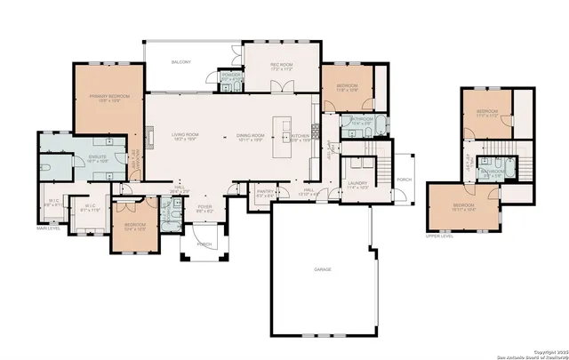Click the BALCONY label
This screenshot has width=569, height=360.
click(181, 62)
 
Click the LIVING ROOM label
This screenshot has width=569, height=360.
click(185, 135)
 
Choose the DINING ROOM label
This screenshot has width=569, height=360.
click(251, 135)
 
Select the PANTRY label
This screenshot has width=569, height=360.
click(264, 191)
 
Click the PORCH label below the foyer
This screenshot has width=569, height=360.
click(204, 244)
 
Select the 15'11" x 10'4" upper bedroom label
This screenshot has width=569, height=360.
click(464, 209)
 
